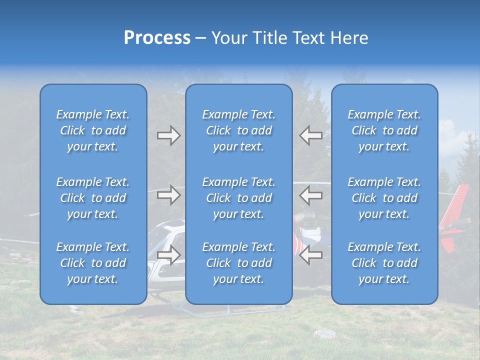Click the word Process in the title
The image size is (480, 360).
pyautogui.click(x=157, y=38)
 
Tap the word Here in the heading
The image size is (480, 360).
pyautogui.click(x=348, y=38)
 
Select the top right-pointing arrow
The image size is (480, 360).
pyautogui.click(x=168, y=135)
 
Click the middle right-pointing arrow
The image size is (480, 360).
pyautogui.click(x=168, y=195)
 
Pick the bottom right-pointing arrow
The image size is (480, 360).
pyautogui.click(x=168, y=255)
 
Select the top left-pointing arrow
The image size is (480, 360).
pyautogui.click(x=311, y=135)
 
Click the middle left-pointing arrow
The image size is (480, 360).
pyautogui.click(x=311, y=195)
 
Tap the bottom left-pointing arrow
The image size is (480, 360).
pyautogui.click(x=311, y=255)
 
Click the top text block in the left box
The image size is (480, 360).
pyautogui.click(x=93, y=130)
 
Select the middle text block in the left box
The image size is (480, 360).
pyautogui.click(x=93, y=198)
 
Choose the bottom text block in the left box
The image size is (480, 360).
pyautogui.click(x=93, y=263)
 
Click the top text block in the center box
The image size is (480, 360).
pyautogui.click(x=239, y=130)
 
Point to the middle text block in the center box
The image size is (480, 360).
pyautogui.click(x=239, y=198)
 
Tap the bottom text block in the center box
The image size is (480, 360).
pyautogui.click(x=239, y=263)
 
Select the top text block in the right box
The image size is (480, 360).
pyautogui.click(x=384, y=130)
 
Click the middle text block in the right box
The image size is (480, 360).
pyautogui.click(x=384, y=198)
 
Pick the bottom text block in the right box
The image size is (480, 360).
pyautogui.click(x=384, y=263)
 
